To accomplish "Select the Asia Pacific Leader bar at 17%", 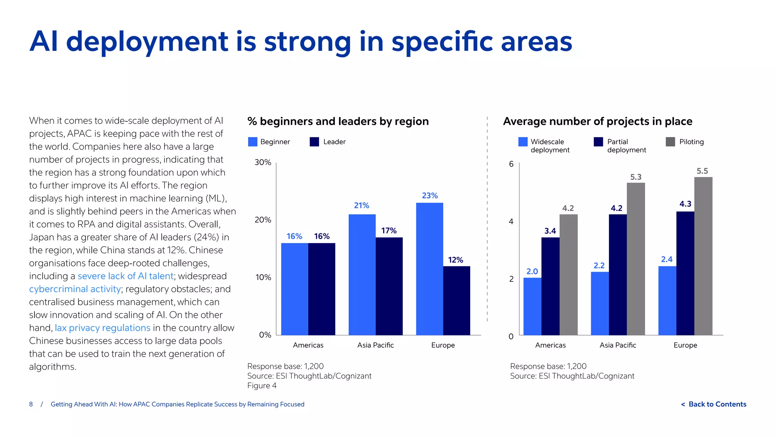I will click(389, 286).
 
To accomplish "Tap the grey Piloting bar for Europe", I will click(703, 256).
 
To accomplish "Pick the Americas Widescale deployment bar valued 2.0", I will click(532, 306).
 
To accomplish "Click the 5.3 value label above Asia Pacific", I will click(635, 177).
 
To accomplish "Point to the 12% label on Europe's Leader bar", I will click(455, 260).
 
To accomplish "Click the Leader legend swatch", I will click(314, 142).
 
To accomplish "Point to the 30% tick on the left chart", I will click(263, 162).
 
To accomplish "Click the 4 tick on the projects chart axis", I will click(511, 222).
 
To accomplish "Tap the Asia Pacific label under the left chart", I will click(375, 345).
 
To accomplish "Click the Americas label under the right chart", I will click(550, 345).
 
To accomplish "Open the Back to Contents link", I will click(714, 404).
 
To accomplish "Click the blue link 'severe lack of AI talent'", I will click(125, 276).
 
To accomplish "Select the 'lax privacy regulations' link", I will click(102, 328).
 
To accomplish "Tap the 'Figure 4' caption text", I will click(262, 386).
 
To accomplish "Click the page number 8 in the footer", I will click(31, 404).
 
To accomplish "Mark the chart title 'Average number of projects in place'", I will click(598, 121).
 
